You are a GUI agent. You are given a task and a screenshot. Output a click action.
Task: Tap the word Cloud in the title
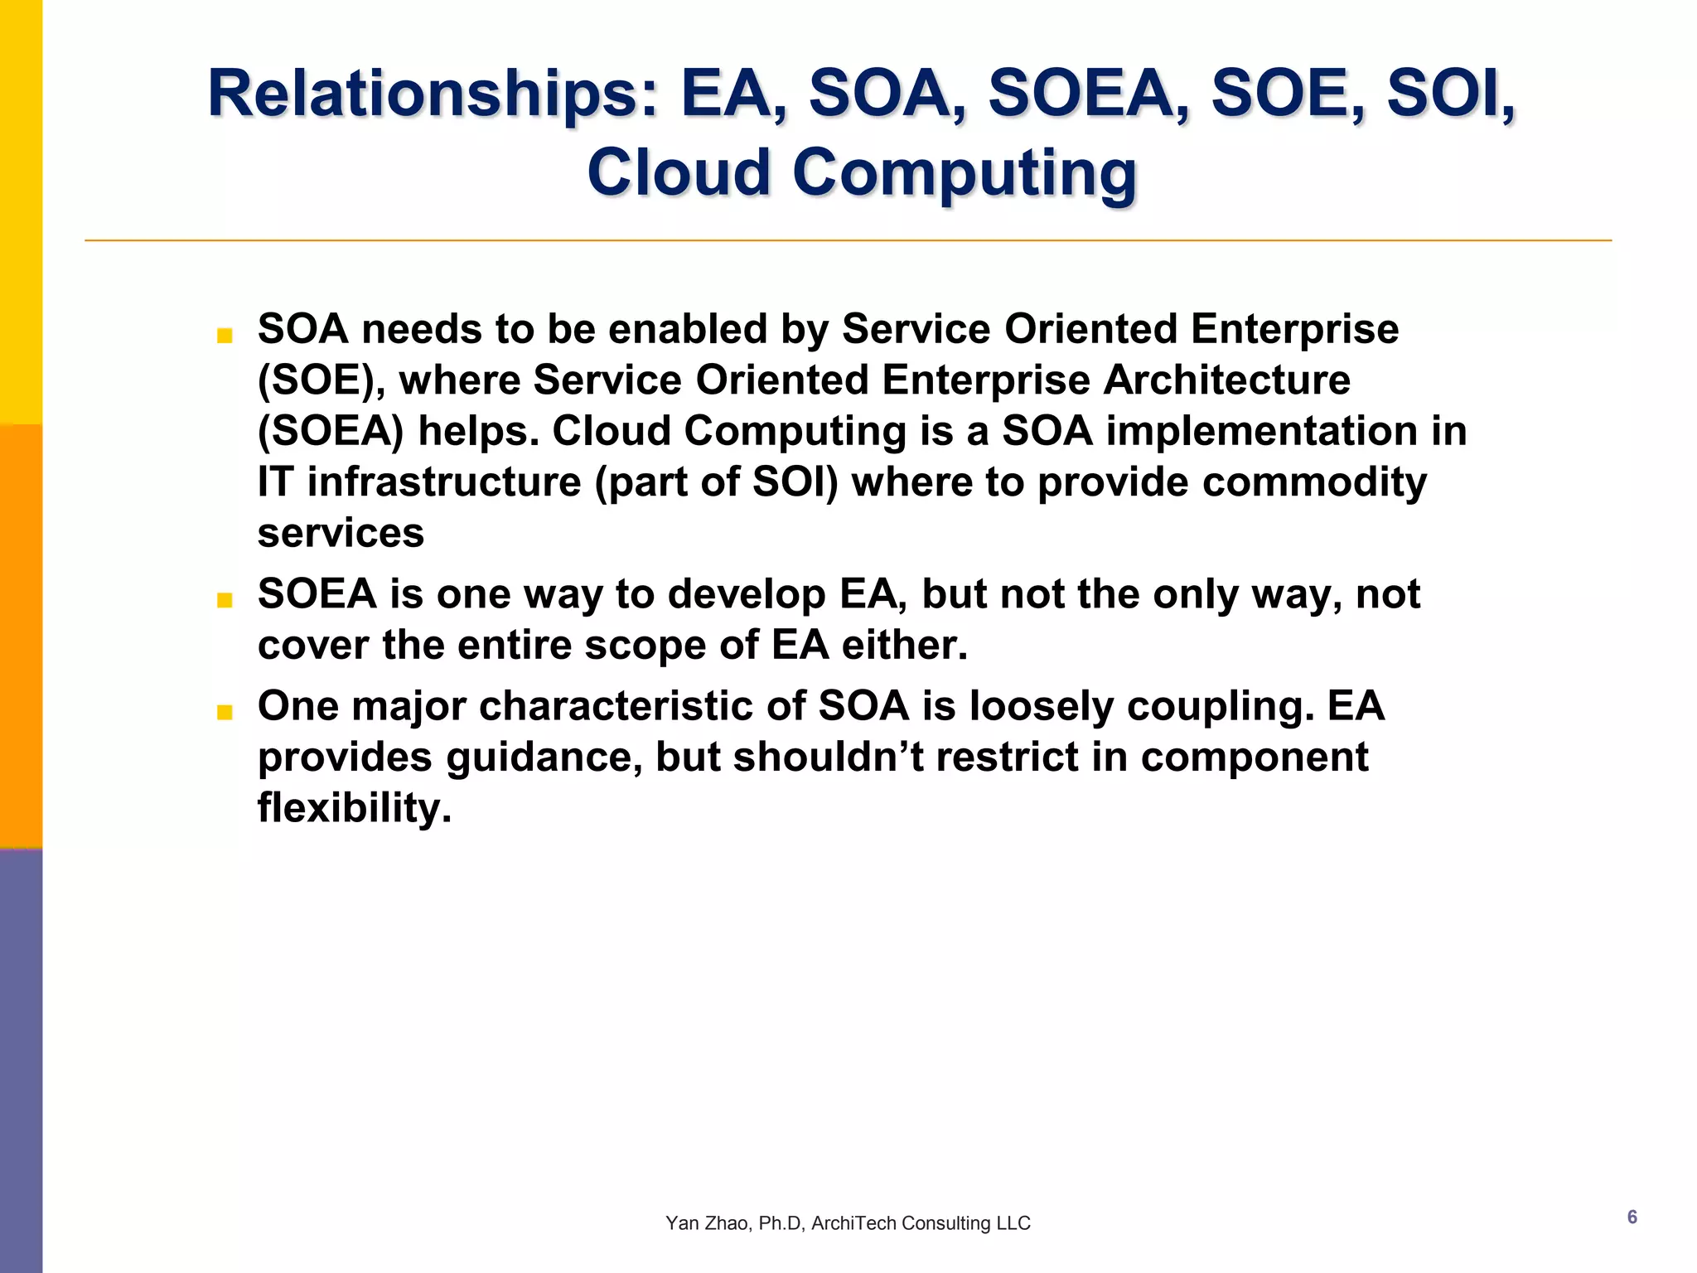tap(679, 172)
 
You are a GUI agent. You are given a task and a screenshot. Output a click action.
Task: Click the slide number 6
tap(1632, 1217)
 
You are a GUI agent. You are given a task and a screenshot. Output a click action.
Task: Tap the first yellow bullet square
tap(225, 336)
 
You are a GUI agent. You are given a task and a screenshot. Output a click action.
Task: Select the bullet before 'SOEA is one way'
tap(225, 600)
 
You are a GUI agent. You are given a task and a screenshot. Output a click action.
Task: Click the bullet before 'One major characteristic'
tap(225, 712)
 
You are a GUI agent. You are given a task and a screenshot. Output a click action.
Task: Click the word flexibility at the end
tap(354, 808)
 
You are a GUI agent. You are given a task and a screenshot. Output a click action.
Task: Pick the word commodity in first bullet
tap(1314, 482)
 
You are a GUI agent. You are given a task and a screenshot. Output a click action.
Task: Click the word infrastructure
tap(444, 482)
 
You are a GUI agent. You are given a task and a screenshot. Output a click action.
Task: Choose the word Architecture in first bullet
tap(1226, 380)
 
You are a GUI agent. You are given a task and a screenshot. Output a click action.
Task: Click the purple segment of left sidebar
tap(21, 1061)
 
